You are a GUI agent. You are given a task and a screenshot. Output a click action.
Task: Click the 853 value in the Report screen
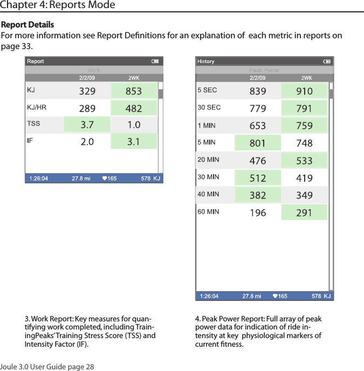point(134,92)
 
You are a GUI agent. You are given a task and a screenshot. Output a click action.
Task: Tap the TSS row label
point(34,123)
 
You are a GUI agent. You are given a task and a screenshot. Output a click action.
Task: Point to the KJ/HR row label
point(37,107)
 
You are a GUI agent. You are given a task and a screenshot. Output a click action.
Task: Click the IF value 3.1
point(134,142)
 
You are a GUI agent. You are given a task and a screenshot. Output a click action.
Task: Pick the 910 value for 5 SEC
point(304,92)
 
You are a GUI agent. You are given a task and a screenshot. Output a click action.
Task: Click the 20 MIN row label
point(208,160)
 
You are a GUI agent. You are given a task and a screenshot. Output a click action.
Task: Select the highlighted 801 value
point(258,143)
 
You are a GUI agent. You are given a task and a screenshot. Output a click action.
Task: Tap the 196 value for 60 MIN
point(258,213)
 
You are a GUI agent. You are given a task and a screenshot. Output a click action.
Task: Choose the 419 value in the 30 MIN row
point(304,178)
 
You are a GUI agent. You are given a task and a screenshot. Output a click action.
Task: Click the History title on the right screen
point(206,61)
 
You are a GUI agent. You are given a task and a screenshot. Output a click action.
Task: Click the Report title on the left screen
point(36,61)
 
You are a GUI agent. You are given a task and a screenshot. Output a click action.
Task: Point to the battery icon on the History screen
point(326,61)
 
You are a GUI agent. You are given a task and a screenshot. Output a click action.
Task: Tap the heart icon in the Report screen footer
point(105,178)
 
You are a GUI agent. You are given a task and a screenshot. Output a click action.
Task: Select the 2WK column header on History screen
point(307,78)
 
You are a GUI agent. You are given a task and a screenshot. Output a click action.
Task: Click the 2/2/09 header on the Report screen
point(87,78)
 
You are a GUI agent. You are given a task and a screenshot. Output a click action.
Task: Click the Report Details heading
point(28,25)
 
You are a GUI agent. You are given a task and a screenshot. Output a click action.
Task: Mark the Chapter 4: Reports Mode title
point(58,5)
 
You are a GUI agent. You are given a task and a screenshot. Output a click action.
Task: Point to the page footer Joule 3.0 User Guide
point(47,367)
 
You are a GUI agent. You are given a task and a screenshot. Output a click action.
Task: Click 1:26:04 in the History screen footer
point(209,296)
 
